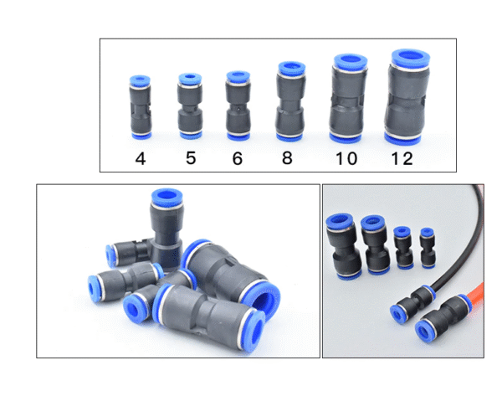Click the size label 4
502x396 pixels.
(141, 158)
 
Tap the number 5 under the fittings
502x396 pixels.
(191, 158)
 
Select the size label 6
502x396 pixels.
(238, 158)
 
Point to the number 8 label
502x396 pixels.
(287, 157)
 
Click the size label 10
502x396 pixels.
(346, 158)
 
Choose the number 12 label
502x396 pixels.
(402, 158)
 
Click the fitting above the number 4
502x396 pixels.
(141, 107)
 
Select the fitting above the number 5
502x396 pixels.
(190, 106)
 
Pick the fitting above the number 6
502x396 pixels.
(238, 105)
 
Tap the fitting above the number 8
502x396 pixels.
(290, 101)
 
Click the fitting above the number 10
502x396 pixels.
(348, 98)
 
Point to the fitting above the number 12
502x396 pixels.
(407, 97)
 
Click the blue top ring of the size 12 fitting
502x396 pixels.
(411, 59)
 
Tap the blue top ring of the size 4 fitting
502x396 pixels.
(140, 80)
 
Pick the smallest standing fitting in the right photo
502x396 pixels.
(428, 248)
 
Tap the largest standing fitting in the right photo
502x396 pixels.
(343, 246)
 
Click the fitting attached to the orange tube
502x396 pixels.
(443, 318)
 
